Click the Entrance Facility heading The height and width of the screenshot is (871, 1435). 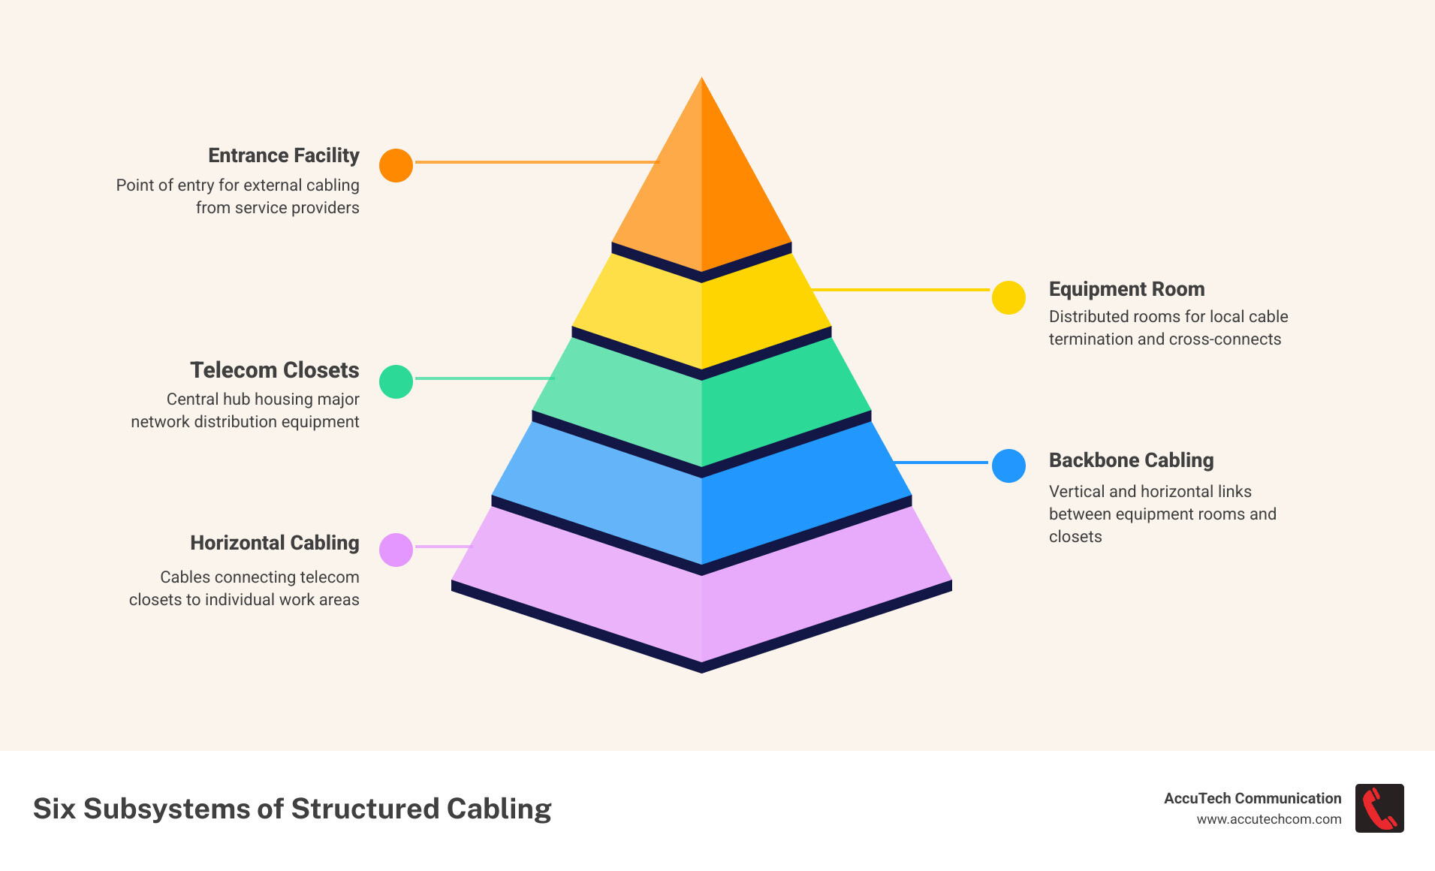click(283, 155)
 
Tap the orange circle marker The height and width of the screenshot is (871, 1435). click(396, 165)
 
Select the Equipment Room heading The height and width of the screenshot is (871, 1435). click(1126, 289)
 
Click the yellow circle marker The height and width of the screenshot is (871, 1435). click(1008, 297)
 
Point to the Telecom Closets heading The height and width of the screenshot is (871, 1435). click(274, 370)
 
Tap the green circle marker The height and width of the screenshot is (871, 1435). click(396, 381)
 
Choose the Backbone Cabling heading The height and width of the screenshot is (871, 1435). click(1131, 460)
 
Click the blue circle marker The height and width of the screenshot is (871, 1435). click(1008, 466)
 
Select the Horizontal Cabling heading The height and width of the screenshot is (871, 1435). click(274, 543)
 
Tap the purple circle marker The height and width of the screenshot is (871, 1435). click(396, 550)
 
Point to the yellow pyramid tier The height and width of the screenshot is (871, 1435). click(701, 315)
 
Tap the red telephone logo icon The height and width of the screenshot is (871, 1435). click(1379, 808)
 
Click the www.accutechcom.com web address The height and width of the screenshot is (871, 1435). click(1268, 819)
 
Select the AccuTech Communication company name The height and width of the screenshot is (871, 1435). click(1252, 798)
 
